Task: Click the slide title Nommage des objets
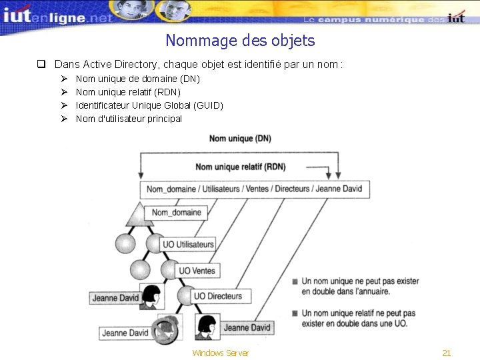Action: click(x=240, y=41)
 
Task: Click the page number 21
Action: click(x=447, y=353)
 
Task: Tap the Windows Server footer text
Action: click(x=220, y=353)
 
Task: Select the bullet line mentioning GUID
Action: click(x=149, y=105)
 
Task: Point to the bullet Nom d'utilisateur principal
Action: click(x=129, y=119)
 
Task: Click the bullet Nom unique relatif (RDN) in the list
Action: click(x=128, y=92)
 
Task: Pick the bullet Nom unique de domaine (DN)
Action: click(x=137, y=79)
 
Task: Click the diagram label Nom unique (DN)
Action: click(x=240, y=138)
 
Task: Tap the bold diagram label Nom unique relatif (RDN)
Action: click(x=240, y=167)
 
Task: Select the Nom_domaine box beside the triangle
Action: click(x=177, y=213)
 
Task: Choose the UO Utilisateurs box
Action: click(x=189, y=245)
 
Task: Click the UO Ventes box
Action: click(x=197, y=271)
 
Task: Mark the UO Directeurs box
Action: click(x=218, y=296)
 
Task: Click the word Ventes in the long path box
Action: click(x=257, y=189)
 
